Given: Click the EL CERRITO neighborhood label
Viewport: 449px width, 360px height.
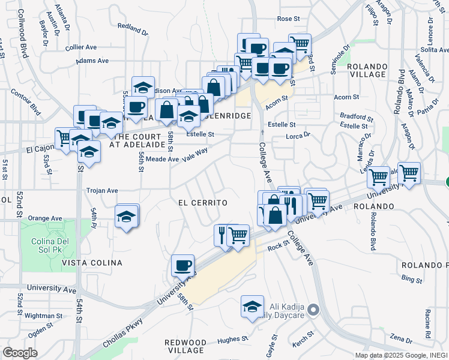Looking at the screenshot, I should tap(203, 203).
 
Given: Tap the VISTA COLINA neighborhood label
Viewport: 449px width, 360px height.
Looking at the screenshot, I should tap(92, 263).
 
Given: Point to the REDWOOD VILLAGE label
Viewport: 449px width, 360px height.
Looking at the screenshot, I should tap(185, 346).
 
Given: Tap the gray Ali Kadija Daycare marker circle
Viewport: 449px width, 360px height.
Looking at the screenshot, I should tap(313, 310).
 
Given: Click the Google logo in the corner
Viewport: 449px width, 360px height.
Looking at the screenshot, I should tap(20, 353).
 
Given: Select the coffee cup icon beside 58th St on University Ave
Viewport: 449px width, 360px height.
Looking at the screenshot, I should tap(182, 265).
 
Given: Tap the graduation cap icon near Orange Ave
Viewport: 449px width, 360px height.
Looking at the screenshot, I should tap(127, 216).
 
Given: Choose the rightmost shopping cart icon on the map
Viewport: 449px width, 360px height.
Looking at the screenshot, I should tap(409, 173).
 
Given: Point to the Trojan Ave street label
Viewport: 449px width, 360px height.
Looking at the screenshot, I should tap(102, 190).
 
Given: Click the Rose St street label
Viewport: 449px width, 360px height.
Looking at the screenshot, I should tap(288, 19).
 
